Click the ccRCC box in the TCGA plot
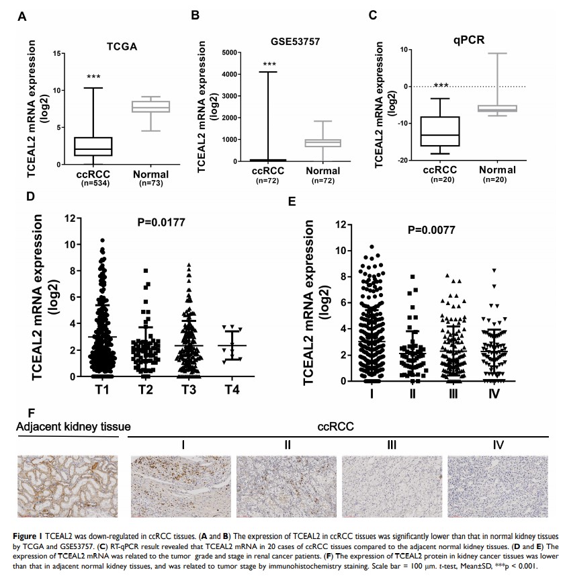(x=93, y=147)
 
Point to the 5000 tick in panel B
(x=230, y=52)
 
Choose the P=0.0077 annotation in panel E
(x=432, y=230)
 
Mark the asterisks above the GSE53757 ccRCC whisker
(x=269, y=65)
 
